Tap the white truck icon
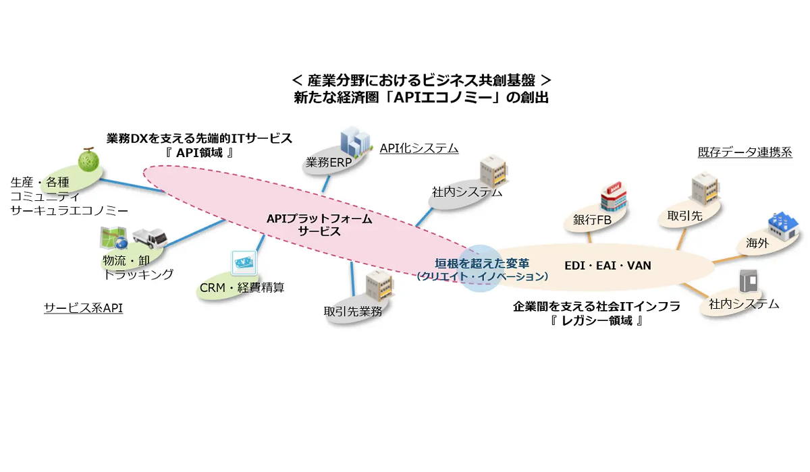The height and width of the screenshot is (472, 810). [149, 237]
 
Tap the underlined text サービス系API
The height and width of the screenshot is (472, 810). [84, 308]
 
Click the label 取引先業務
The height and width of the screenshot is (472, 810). [353, 311]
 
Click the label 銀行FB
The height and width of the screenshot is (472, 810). [592, 220]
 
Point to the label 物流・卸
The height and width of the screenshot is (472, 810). [122, 260]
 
